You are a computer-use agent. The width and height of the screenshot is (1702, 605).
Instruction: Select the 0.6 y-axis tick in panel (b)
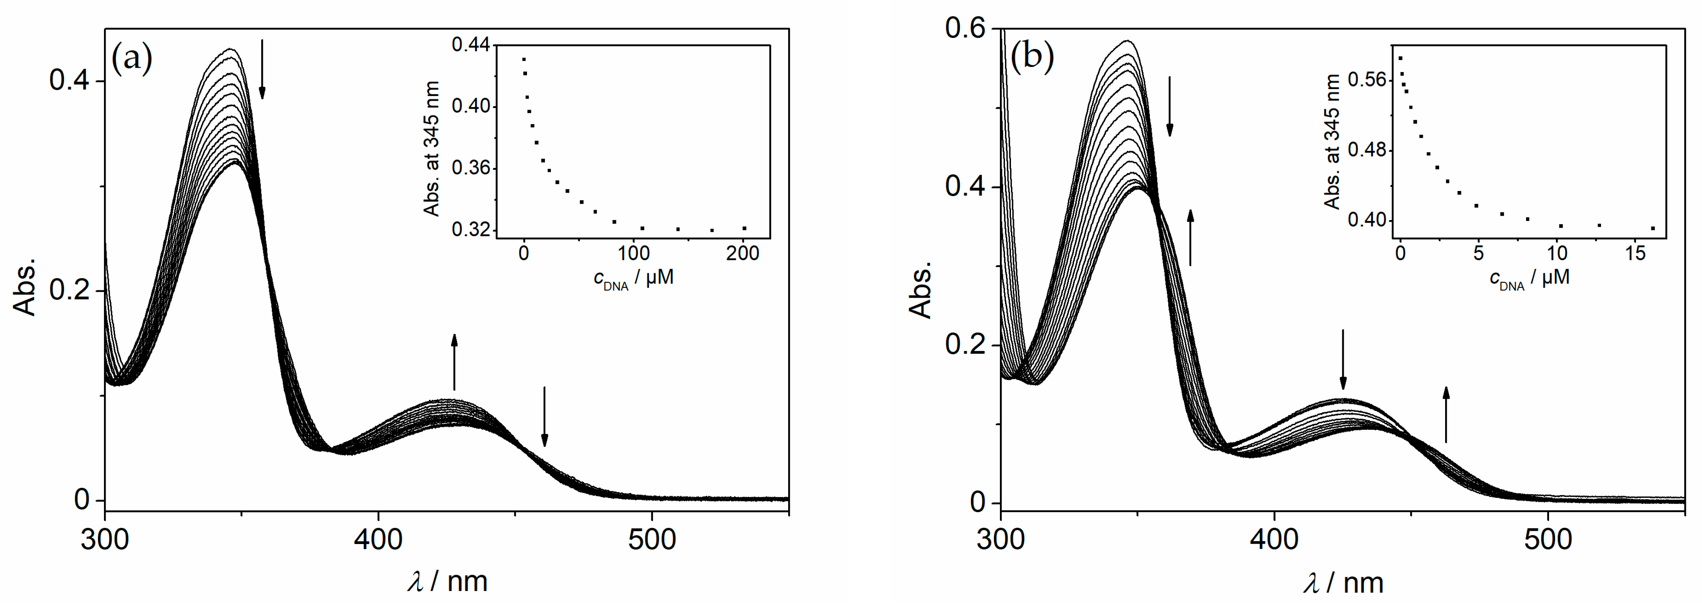tap(965, 29)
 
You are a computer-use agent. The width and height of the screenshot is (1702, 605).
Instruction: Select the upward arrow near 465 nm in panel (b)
tap(1446, 414)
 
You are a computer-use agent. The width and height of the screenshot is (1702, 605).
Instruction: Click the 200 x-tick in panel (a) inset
tap(743, 254)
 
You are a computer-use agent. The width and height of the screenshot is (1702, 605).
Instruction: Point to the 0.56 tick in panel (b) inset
tap(1366, 81)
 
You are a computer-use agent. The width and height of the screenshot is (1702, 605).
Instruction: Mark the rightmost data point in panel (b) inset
tap(1653, 228)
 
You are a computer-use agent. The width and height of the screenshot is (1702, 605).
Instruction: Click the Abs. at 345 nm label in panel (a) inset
tap(432, 149)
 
